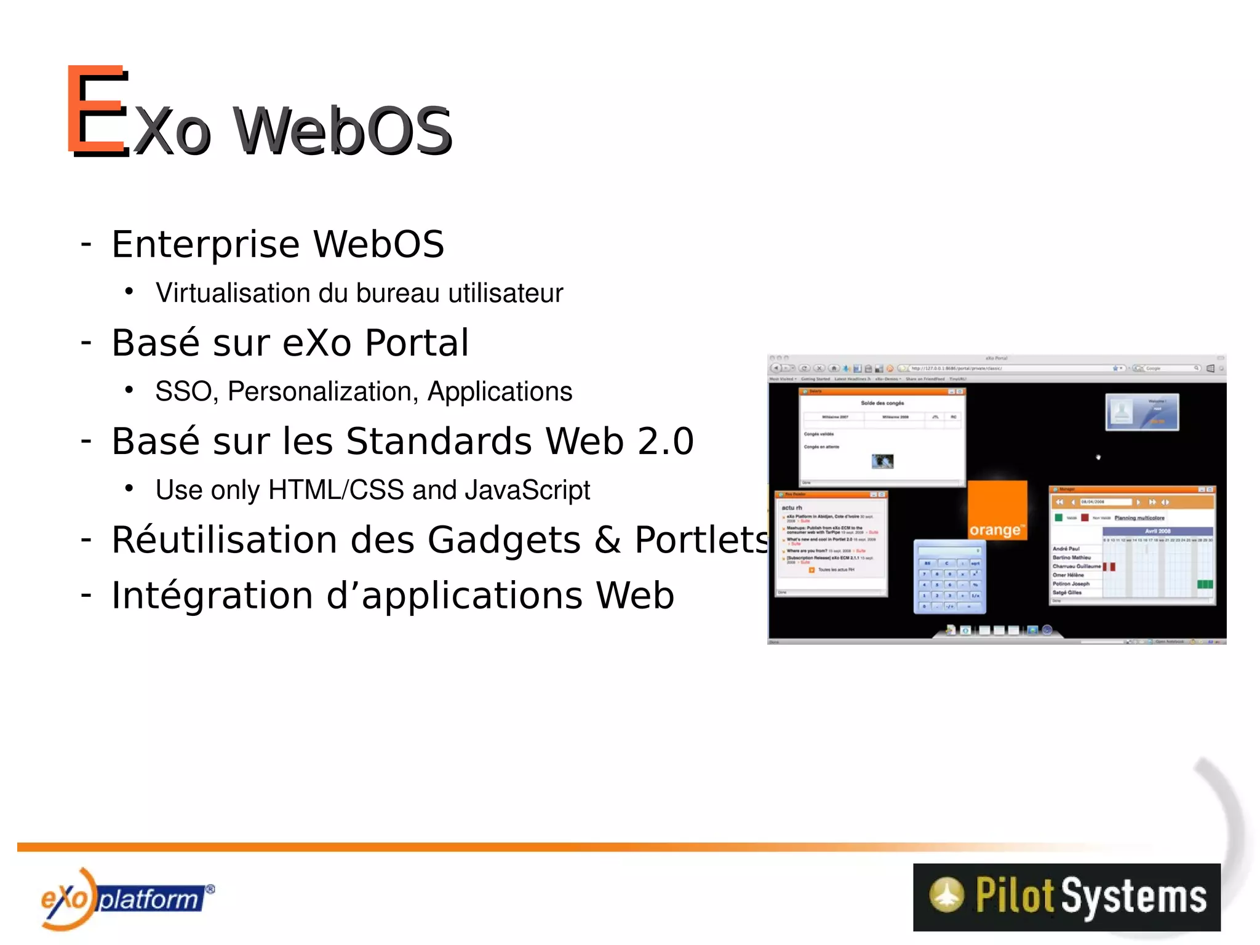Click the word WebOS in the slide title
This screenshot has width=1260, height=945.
(x=343, y=131)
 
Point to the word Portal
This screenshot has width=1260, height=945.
(x=417, y=343)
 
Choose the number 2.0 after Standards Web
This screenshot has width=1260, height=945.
(x=666, y=441)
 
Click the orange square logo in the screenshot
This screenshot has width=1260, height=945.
(x=997, y=510)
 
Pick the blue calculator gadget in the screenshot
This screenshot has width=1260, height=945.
(x=949, y=576)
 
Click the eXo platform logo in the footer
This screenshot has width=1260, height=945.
(x=126, y=899)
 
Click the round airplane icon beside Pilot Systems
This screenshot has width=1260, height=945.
(x=946, y=895)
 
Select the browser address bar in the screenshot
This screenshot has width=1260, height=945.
(x=1009, y=369)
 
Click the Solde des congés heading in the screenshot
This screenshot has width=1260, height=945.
(x=882, y=403)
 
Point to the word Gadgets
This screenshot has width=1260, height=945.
(x=504, y=540)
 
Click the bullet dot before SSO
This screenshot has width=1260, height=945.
(x=129, y=389)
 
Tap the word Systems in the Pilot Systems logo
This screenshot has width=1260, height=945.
(x=1133, y=896)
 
